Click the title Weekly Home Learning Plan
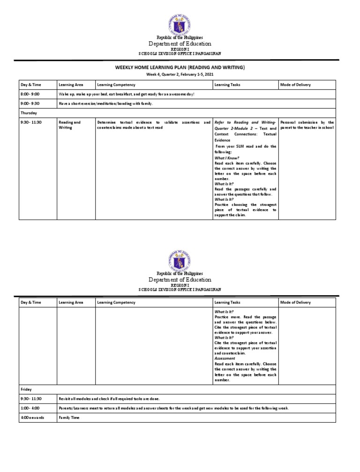click(x=180, y=68)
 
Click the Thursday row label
click(x=29, y=113)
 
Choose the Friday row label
click(x=26, y=389)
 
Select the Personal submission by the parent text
click(x=307, y=125)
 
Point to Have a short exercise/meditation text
click(x=105, y=103)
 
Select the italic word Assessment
click(x=225, y=358)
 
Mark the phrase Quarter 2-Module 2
click(x=235, y=128)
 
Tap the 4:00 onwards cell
click(x=32, y=417)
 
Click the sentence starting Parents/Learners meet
click(x=173, y=408)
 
